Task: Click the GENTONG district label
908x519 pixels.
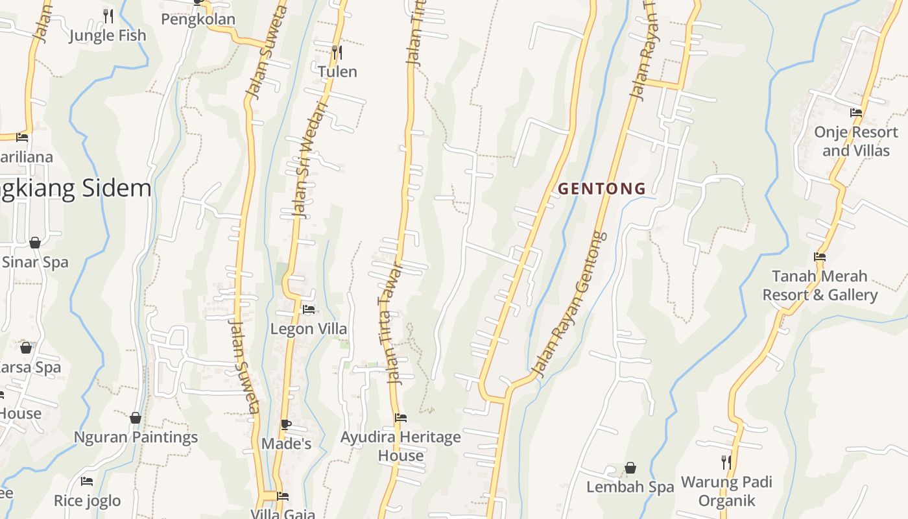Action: [602, 189]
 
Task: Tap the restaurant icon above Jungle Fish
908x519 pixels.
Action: [108, 15]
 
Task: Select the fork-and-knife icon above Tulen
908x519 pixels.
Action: [337, 51]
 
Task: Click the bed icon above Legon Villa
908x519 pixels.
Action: [309, 309]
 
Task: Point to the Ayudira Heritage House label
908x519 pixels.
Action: [401, 446]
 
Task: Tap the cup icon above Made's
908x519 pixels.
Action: [286, 425]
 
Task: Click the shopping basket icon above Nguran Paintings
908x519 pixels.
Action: [136, 418]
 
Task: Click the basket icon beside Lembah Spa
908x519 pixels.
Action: [630, 468]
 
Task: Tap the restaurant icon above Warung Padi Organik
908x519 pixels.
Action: [726, 462]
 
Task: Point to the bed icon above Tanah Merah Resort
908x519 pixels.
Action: [820, 257]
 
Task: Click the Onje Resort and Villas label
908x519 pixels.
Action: [855, 141]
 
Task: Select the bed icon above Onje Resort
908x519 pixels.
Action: [856, 113]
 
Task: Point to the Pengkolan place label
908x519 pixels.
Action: [198, 19]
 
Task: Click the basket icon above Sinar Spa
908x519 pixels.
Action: [35, 243]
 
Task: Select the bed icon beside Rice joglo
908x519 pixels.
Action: [87, 481]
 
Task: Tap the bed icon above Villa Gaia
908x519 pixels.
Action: [283, 496]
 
